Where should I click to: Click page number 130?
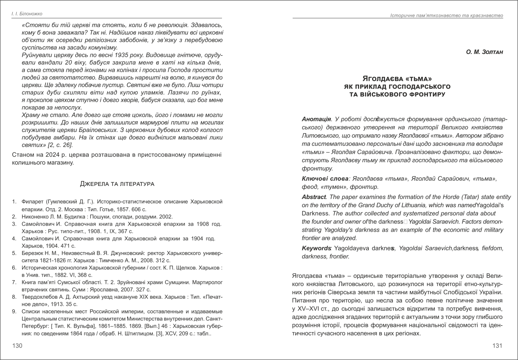(17, 346)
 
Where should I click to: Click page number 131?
(497, 346)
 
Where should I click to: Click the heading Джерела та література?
(117, 184)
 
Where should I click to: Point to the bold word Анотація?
(316, 119)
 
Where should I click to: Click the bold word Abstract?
(314, 197)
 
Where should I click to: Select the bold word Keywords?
(316, 248)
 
